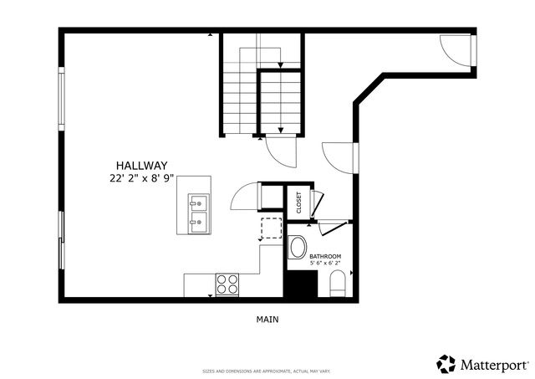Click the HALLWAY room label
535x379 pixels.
click(142, 166)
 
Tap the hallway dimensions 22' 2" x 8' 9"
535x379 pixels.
click(142, 178)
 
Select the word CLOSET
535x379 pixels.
click(298, 203)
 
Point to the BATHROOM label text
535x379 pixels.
click(325, 256)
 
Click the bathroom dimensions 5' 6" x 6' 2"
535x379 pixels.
click(325, 264)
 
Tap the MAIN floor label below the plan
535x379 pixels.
click(267, 319)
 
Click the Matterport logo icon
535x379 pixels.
click(446, 364)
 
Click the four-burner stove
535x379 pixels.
click(227, 284)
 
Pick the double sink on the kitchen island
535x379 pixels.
click(198, 213)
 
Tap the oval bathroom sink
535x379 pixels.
click(298, 248)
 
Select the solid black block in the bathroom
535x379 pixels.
click(300, 284)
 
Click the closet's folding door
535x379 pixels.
click(317, 203)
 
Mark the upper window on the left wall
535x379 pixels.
click(60, 99)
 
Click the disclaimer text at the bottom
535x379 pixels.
click(267, 371)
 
